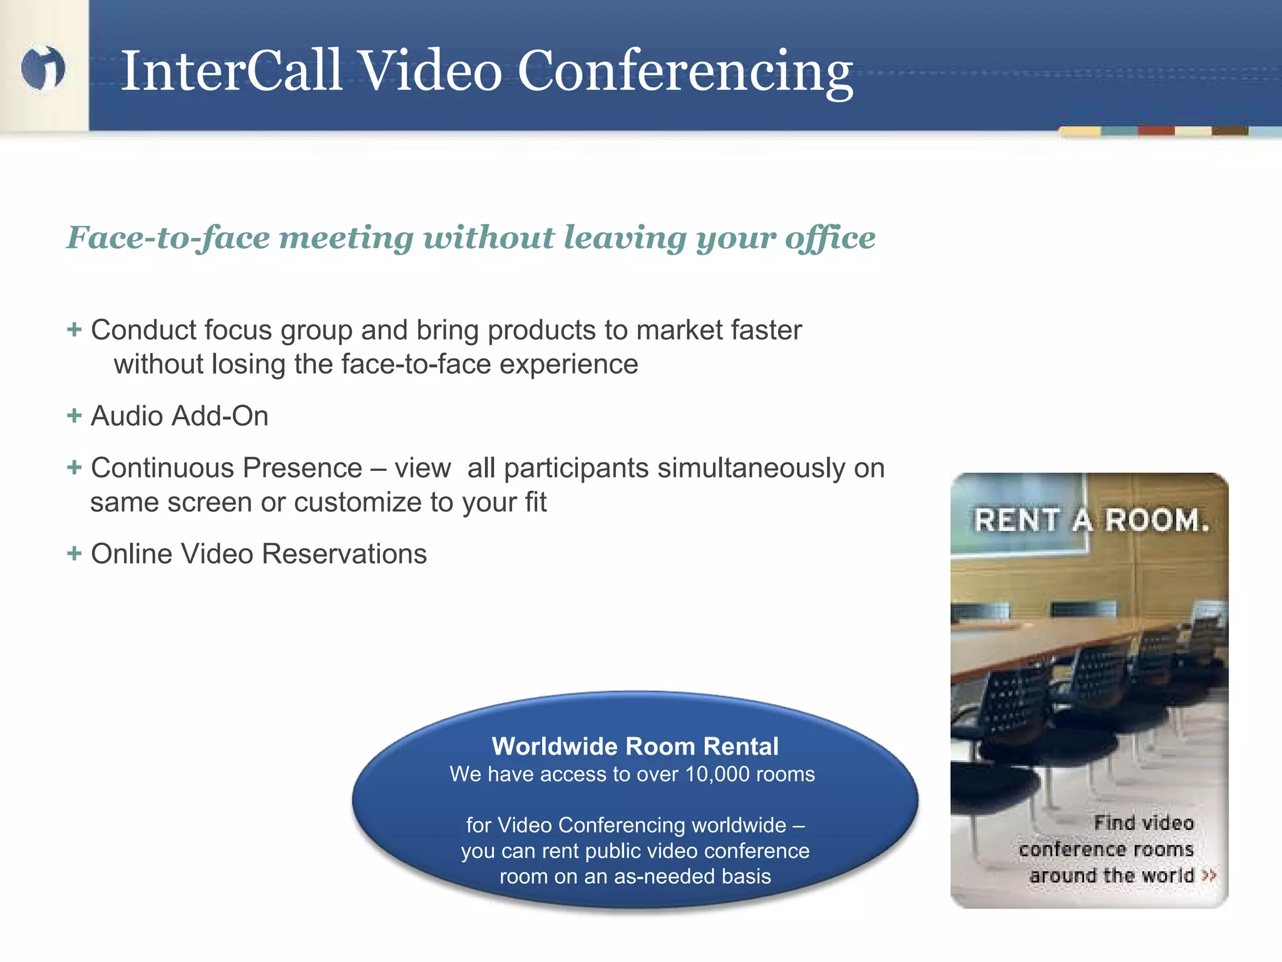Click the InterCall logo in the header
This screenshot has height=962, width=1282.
(x=43, y=68)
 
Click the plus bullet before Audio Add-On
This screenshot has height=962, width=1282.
(x=74, y=415)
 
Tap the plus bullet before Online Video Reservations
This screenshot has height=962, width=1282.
(x=74, y=553)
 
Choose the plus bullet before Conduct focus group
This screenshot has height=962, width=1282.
(x=74, y=329)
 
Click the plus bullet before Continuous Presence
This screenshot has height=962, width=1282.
(x=74, y=467)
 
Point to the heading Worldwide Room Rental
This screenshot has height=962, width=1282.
(x=635, y=747)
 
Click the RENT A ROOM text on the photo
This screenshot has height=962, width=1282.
(x=1091, y=520)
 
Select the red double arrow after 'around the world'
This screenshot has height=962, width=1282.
(x=1209, y=876)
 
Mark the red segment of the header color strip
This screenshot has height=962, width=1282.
(x=1156, y=131)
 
